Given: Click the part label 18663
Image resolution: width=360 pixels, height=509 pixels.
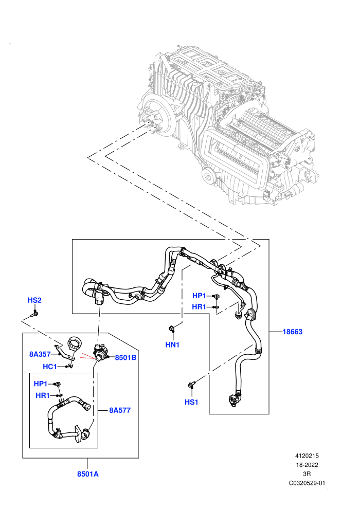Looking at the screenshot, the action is tap(292, 332).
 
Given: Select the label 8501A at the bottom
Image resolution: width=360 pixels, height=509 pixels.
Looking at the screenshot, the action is tap(87, 474).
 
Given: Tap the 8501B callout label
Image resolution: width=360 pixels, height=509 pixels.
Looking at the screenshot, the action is tap(125, 358).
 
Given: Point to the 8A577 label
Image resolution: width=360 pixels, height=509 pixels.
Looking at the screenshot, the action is tap(120, 410).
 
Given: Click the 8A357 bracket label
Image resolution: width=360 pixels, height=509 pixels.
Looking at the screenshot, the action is tap(40, 354).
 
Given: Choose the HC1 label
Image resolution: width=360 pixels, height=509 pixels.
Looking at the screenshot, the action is tap(50, 367).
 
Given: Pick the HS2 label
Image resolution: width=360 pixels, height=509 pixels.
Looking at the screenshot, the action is tap(34, 300).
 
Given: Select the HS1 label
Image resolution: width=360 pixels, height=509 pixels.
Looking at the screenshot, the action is tap(191, 402).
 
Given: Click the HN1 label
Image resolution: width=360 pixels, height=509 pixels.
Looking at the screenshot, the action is tap(172, 345).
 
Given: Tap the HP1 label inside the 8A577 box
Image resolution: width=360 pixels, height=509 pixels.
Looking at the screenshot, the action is tap(41, 384).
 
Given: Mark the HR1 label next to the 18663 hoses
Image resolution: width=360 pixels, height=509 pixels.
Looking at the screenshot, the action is tap(199, 307).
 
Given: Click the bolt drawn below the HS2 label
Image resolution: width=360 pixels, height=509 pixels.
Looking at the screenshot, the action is tap(35, 314).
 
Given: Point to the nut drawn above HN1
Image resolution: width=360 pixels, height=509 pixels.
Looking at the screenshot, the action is tap(171, 329).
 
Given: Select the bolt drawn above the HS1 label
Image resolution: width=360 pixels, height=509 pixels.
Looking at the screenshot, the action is tap(191, 385).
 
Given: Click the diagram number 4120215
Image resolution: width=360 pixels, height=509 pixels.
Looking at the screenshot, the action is tap(307, 456).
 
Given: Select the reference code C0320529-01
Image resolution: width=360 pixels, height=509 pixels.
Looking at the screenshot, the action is tap(307, 483).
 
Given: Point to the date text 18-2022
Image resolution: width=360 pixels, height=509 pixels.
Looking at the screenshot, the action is tap(307, 465).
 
